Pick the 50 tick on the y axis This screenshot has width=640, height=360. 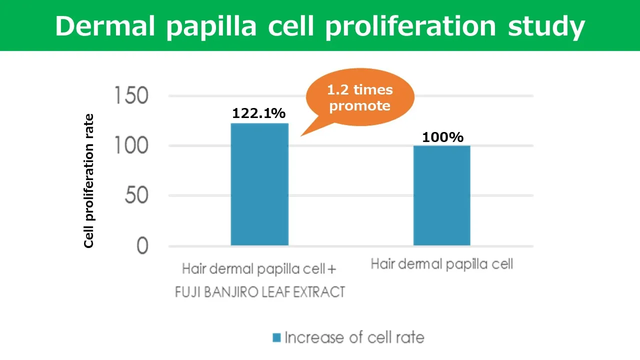[136, 196]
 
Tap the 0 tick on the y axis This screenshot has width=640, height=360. [142, 246]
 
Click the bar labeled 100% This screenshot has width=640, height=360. [442, 195]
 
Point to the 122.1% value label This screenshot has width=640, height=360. [258, 113]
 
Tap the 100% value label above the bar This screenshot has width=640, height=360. [442, 137]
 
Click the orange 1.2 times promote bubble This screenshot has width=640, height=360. [360, 98]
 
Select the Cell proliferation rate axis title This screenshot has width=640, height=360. [89, 181]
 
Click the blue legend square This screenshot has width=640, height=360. [276, 337]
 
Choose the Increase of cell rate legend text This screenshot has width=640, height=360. [354, 337]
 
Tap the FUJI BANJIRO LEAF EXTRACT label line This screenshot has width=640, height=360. [260, 291]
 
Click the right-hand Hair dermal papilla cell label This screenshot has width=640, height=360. [442, 264]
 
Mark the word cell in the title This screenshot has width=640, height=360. [291, 26]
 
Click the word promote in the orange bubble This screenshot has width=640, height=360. [360, 106]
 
